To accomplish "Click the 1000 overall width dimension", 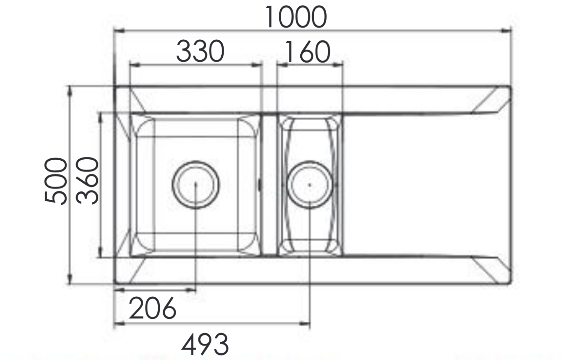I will [x=296, y=17].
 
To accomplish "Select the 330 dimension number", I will [x=200, y=52].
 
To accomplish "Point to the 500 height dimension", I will [x=55, y=181].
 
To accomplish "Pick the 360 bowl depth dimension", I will [x=87, y=181].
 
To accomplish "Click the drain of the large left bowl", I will [x=196, y=185].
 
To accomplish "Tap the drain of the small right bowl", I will [x=309, y=185].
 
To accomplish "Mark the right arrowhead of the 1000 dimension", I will [x=507, y=31].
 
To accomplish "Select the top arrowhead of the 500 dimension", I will [x=70, y=90].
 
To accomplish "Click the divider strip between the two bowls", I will [x=269, y=185].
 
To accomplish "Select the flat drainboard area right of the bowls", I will [x=421, y=185].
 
